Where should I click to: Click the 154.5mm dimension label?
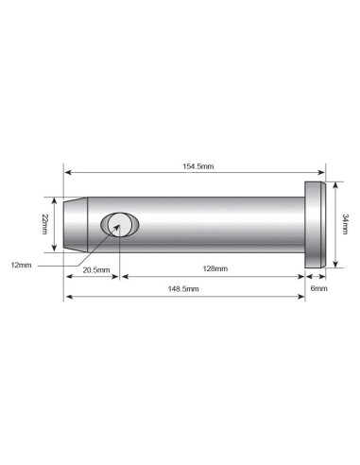point(198,166)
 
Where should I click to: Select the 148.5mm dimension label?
point(183,289)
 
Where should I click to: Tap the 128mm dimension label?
point(215,268)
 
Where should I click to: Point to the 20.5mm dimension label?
point(96,270)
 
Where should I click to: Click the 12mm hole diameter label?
point(21,266)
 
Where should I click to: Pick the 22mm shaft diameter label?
point(44,224)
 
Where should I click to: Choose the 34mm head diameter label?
point(345,224)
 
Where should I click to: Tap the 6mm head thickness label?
point(318,288)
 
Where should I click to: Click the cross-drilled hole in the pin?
point(120,225)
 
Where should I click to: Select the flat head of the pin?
point(315,225)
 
